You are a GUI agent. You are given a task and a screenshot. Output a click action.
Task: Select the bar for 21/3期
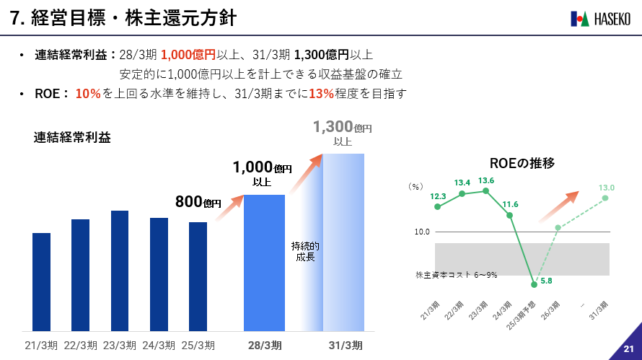tap(41, 281)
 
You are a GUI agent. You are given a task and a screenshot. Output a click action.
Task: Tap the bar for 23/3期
tap(120, 271)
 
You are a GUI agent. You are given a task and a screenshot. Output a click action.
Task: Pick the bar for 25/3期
tap(198, 276)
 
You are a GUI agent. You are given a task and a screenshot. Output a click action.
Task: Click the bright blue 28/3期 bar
tap(264, 263)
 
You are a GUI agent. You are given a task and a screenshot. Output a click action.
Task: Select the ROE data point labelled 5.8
tap(534, 284)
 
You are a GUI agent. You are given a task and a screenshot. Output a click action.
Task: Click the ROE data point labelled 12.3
tap(438, 207)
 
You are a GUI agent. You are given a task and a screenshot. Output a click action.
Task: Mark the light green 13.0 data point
tap(606, 198)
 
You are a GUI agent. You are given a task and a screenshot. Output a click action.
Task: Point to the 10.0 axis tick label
tap(422, 232)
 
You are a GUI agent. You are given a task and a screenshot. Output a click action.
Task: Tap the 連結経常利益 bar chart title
tap(72, 139)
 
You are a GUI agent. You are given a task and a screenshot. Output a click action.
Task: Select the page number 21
tap(628, 350)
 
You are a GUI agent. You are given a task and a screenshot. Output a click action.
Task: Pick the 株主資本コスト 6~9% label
tap(457, 275)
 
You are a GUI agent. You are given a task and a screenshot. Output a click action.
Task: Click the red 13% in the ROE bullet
tap(321, 93)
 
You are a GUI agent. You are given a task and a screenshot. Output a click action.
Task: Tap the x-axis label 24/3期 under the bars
tap(159, 345)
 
